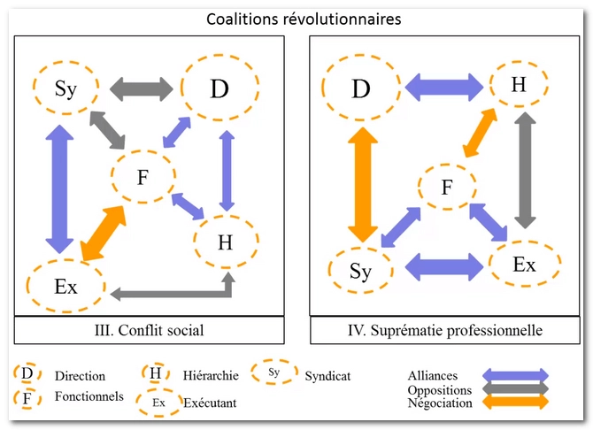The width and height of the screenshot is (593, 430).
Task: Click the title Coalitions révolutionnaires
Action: [296, 19]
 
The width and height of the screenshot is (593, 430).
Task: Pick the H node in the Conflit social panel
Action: [225, 242]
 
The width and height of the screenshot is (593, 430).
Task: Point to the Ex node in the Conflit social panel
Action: [65, 287]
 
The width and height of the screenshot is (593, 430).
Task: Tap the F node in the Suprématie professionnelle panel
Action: [447, 188]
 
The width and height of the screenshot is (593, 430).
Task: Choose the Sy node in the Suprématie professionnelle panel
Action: [360, 272]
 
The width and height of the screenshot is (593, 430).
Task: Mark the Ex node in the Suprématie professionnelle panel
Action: [525, 265]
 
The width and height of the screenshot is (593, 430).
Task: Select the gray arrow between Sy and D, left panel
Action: [142, 88]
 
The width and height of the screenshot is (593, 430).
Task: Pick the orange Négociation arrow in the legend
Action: [514, 403]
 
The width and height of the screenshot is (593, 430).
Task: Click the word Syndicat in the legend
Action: [327, 376]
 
